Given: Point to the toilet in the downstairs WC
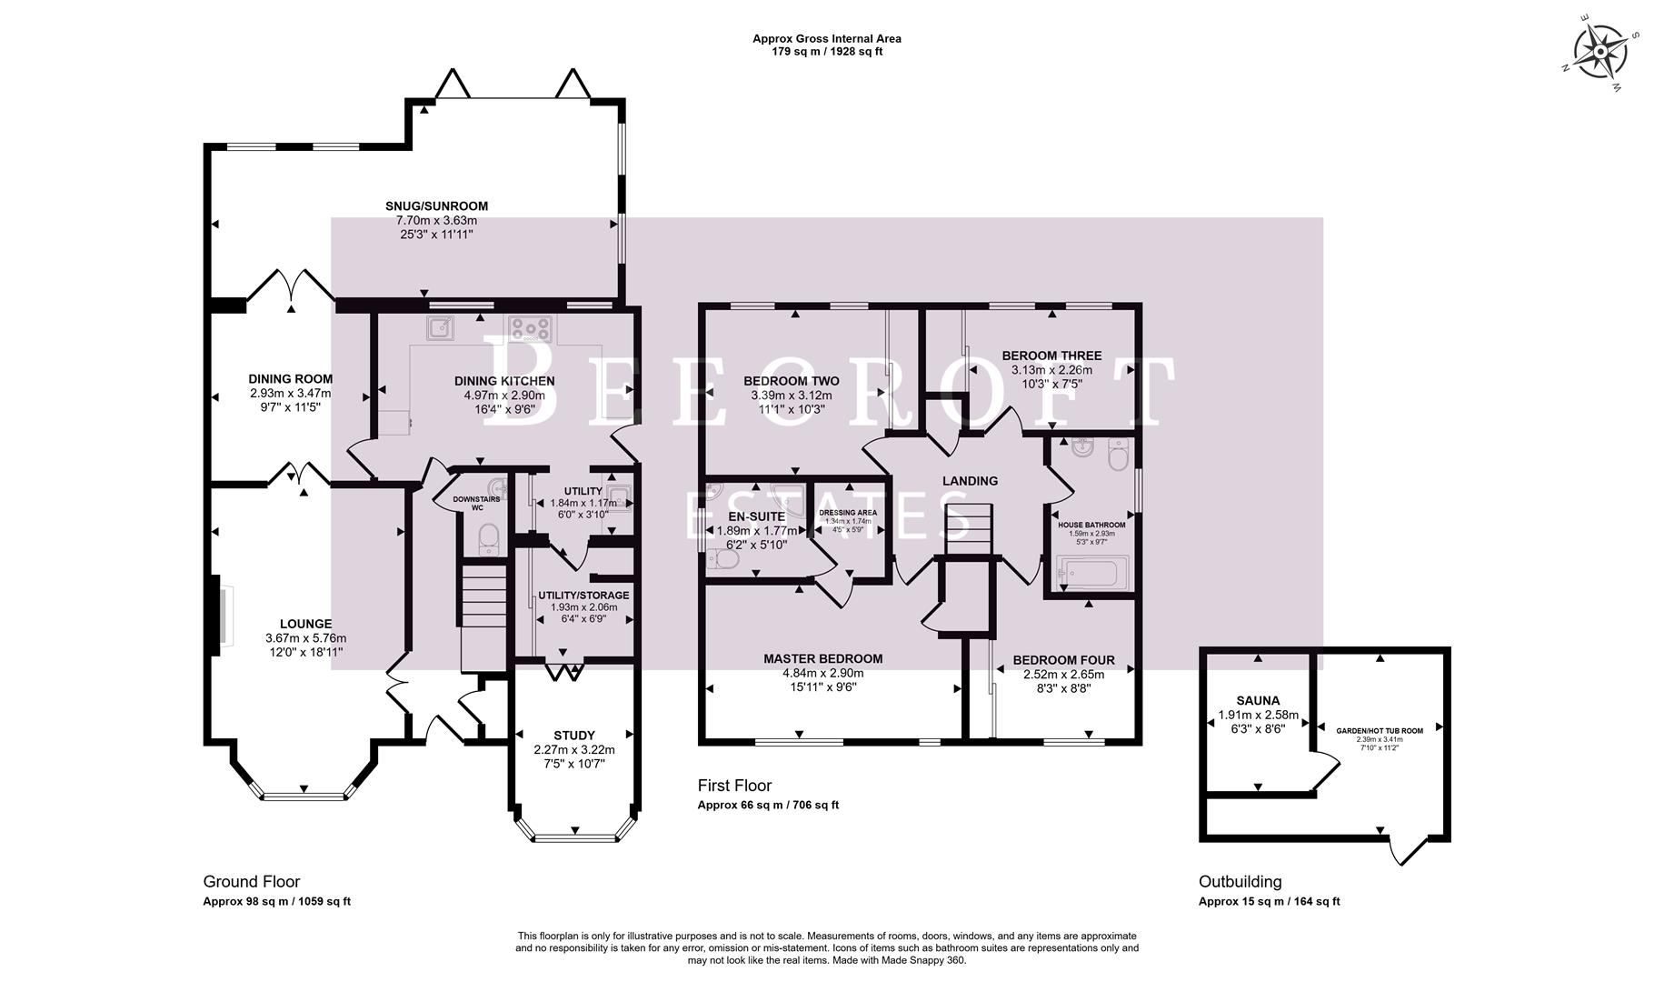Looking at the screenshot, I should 489,538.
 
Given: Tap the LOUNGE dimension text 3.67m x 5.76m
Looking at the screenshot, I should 305,638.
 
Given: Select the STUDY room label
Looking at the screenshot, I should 573,735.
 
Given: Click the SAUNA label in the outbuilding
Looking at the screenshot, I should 1258,700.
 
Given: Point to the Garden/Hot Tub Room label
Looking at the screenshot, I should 1380,730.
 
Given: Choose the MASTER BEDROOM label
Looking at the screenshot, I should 822,658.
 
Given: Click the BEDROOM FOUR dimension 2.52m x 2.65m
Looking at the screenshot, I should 1063,675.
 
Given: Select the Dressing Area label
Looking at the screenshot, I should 847,512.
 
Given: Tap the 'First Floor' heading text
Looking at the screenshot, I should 734,785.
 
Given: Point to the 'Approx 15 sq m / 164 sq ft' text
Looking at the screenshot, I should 1269,902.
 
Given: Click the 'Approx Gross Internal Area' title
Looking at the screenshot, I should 826,38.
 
